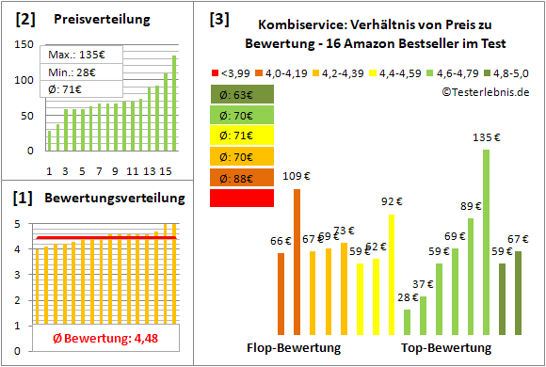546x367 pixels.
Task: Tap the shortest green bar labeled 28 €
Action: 407,322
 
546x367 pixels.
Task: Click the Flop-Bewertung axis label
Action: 294,347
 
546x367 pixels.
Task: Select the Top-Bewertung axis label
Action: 446,347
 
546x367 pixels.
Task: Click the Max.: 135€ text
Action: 72,56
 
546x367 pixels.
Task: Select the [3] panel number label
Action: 219,18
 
